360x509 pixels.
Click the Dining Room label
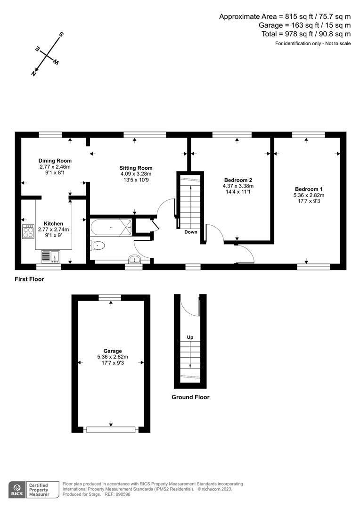pyautogui.click(x=55, y=161)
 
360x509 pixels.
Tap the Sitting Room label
pyautogui.click(x=136, y=168)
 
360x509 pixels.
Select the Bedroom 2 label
pyautogui.click(x=238, y=180)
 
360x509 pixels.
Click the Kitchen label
pyautogui.click(x=53, y=223)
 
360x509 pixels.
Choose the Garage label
pyautogui.click(x=113, y=351)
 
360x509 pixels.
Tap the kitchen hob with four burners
pyautogui.click(x=28, y=231)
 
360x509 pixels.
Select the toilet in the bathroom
pyautogui.click(x=98, y=245)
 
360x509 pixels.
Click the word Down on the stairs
pyautogui.click(x=191, y=232)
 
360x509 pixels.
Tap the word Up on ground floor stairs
pyautogui.click(x=190, y=337)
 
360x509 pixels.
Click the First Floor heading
pyautogui.click(x=29, y=279)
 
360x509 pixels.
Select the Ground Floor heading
pyautogui.click(x=190, y=397)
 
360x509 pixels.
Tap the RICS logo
pyautogui.click(x=19, y=489)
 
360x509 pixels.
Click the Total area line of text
pyautogui.click(x=306, y=34)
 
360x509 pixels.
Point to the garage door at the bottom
pyautogui.click(x=111, y=429)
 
